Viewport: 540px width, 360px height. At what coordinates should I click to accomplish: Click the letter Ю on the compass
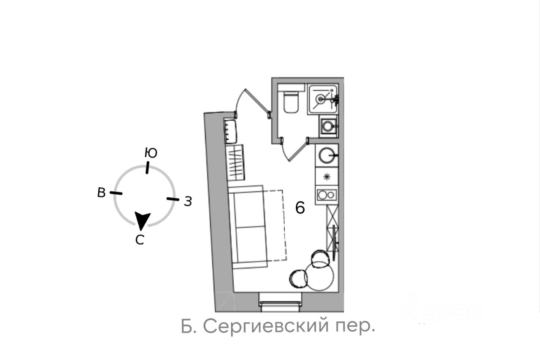(151, 153)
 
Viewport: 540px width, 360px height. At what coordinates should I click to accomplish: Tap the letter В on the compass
(101, 192)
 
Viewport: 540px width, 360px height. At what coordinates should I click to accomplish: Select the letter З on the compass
(188, 202)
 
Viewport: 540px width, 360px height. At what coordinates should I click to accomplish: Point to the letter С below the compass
(140, 240)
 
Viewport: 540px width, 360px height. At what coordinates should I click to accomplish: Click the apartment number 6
(300, 208)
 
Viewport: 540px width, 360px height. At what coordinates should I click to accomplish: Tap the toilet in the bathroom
(291, 102)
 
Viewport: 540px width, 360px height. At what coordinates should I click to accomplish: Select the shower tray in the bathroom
(323, 99)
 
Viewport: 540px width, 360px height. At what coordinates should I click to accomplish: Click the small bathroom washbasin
(328, 125)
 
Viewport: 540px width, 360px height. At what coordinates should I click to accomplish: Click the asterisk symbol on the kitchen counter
(326, 177)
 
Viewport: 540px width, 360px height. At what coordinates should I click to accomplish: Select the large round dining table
(320, 276)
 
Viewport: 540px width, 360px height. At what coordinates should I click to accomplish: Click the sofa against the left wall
(249, 226)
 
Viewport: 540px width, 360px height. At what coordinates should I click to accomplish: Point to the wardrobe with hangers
(235, 162)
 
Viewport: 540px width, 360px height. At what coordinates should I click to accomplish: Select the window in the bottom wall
(280, 303)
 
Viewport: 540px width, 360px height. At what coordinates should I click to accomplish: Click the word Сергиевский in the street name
(266, 326)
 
